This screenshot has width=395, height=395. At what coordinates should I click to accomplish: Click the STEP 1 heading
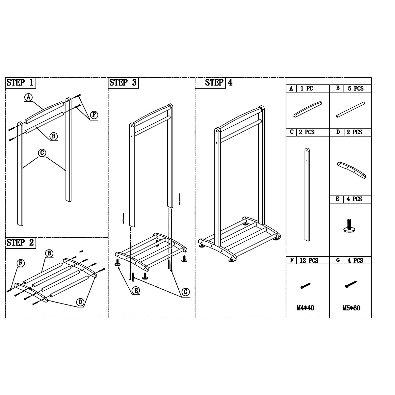[x=20, y=83]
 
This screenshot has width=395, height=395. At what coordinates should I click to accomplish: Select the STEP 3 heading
[x=123, y=83]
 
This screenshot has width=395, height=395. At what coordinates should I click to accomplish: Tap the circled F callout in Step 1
[x=94, y=115]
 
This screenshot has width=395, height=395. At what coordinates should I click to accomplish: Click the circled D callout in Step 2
[x=80, y=302]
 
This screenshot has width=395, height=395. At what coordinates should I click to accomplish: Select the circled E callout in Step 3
[x=135, y=290]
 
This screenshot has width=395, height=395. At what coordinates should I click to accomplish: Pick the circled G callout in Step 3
[x=186, y=292]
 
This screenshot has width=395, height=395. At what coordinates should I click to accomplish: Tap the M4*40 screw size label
[x=305, y=308]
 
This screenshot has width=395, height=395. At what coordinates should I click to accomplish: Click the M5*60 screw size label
[x=351, y=308]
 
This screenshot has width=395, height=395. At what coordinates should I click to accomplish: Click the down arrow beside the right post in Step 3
[x=179, y=199]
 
